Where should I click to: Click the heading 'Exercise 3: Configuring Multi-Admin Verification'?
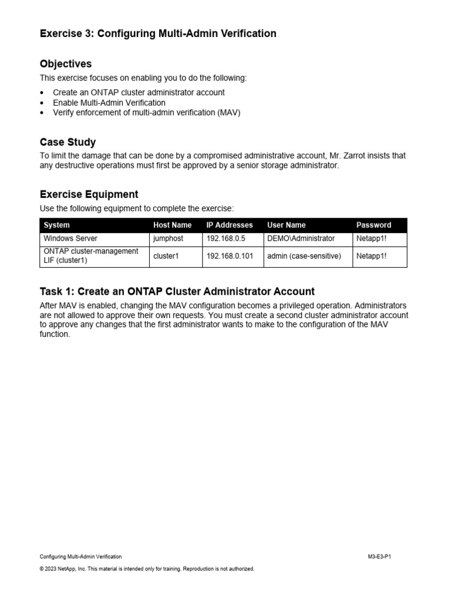pyautogui.click(x=158, y=33)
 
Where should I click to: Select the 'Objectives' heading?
pyautogui.click(x=66, y=63)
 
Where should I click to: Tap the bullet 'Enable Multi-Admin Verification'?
pyautogui.click(x=109, y=103)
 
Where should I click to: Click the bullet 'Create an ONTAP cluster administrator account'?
pyautogui.click(x=139, y=93)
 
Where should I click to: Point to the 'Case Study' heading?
pyautogui.click(x=68, y=142)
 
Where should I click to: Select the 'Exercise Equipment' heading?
pyautogui.click(x=89, y=194)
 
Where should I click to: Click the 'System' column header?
pyautogui.click(x=56, y=225)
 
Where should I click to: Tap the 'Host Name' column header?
pyautogui.click(x=172, y=225)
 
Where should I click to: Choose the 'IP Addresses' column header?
pyautogui.click(x=230, y=225)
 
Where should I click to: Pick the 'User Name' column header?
pyautogui.click(x=286, y=225)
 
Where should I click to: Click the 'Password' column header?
pyautogui.click(x=373, y=225)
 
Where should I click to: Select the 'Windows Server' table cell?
pyautogui.click(x=70, y=239)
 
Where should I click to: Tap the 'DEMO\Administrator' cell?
pyautogui.click(x=301, y=239)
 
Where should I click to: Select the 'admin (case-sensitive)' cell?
pyautogui.click(x=304, y=256)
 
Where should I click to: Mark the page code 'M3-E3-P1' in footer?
pyautogui.click(x=375, y=556)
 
